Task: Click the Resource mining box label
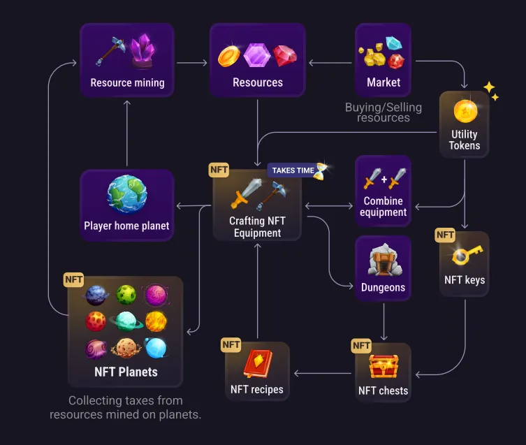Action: pyautogui.click(x=127, y=82)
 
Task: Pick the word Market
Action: pyautogui.click(x=383, y=82)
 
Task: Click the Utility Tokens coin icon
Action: pyautogui.click(x=465, y=110)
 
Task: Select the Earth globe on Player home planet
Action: pyautogui.click(x=127, y=194)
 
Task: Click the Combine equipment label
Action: pyautogui.click(x=383, y=207)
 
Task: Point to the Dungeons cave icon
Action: pyautogui.click(x=383, y=261)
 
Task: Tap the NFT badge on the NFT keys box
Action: pyautogui.click(x=445, y=235)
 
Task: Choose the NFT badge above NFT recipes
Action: pyautogui.click(x=231, y=344)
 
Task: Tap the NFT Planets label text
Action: pyautogui.click(x=126, y=372)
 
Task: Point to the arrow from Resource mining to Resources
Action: pyautogui.click(x=192, y=63)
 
